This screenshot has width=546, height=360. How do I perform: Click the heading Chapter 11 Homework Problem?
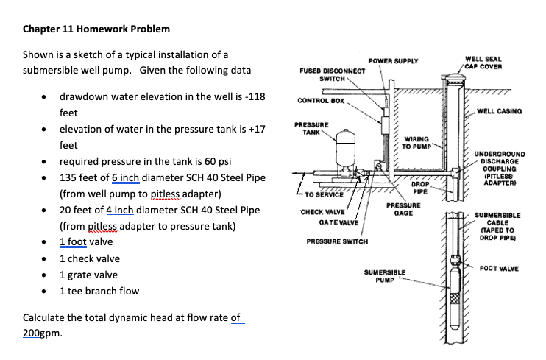coord(96,29)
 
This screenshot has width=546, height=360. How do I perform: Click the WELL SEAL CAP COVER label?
coord(483,63)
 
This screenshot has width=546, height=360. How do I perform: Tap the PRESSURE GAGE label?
coord(403,210)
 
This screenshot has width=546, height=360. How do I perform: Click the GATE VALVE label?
coord(338,222)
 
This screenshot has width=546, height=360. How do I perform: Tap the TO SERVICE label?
coord(325,194)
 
